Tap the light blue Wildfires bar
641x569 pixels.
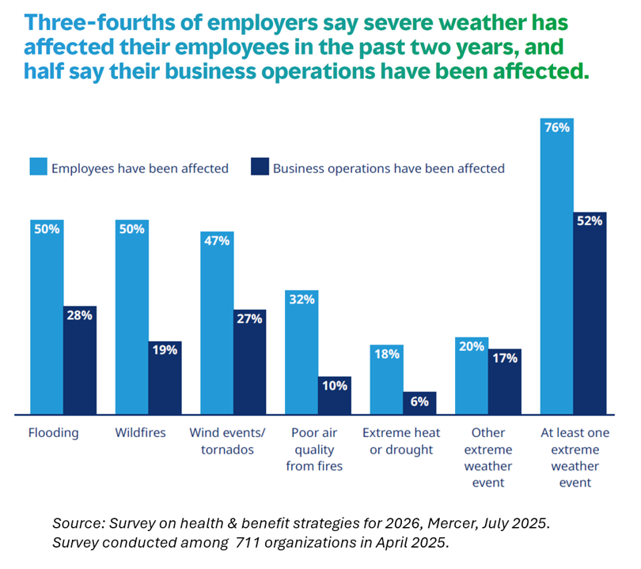click(131, 316)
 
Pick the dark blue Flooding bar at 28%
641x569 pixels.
click(80, 360)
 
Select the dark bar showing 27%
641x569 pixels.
click(249, 361)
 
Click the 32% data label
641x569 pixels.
click(302, 300)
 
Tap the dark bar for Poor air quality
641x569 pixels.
click(334, 395)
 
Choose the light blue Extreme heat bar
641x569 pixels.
click(386, 379)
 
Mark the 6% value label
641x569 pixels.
click(419, 401)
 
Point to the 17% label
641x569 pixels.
click(504, 358)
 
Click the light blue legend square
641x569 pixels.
click(38, 168)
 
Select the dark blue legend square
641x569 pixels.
click(260, 168)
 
